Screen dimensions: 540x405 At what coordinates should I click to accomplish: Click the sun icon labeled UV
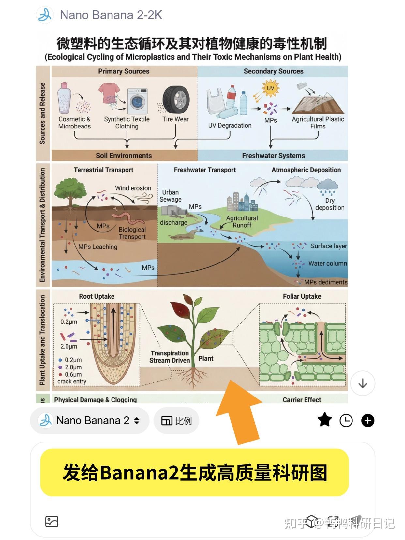[270, 88]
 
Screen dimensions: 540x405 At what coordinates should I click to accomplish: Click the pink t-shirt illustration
[109, 93]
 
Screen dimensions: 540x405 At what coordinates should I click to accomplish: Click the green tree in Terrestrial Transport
[70, 191]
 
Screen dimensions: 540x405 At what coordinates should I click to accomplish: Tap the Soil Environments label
[124, 156]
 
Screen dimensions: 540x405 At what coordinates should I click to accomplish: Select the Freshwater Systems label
[273, 156]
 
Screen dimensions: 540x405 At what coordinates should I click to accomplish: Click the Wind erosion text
[133, 188]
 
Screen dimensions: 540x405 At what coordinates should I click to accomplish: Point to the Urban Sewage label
[171, 196]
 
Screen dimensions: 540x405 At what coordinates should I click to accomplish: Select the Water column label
[327, 263]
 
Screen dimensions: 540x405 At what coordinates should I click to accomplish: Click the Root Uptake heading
[97, 296]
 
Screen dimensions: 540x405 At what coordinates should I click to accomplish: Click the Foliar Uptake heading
[302, 296]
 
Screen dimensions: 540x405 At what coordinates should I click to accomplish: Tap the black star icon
[324, 420]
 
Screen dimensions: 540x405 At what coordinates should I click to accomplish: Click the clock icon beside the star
[346, 420]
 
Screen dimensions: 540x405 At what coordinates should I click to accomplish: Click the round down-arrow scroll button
[363, 383]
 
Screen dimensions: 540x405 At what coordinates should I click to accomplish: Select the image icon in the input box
[52, 521]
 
